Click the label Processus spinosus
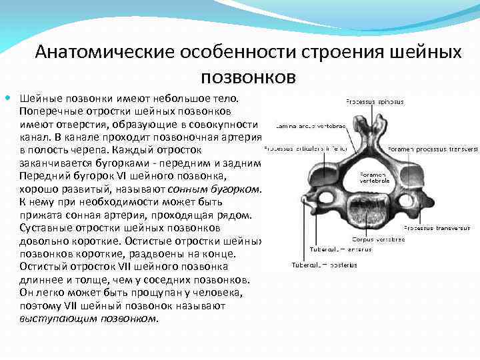(374, 102)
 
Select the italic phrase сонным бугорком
(219, 189)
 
